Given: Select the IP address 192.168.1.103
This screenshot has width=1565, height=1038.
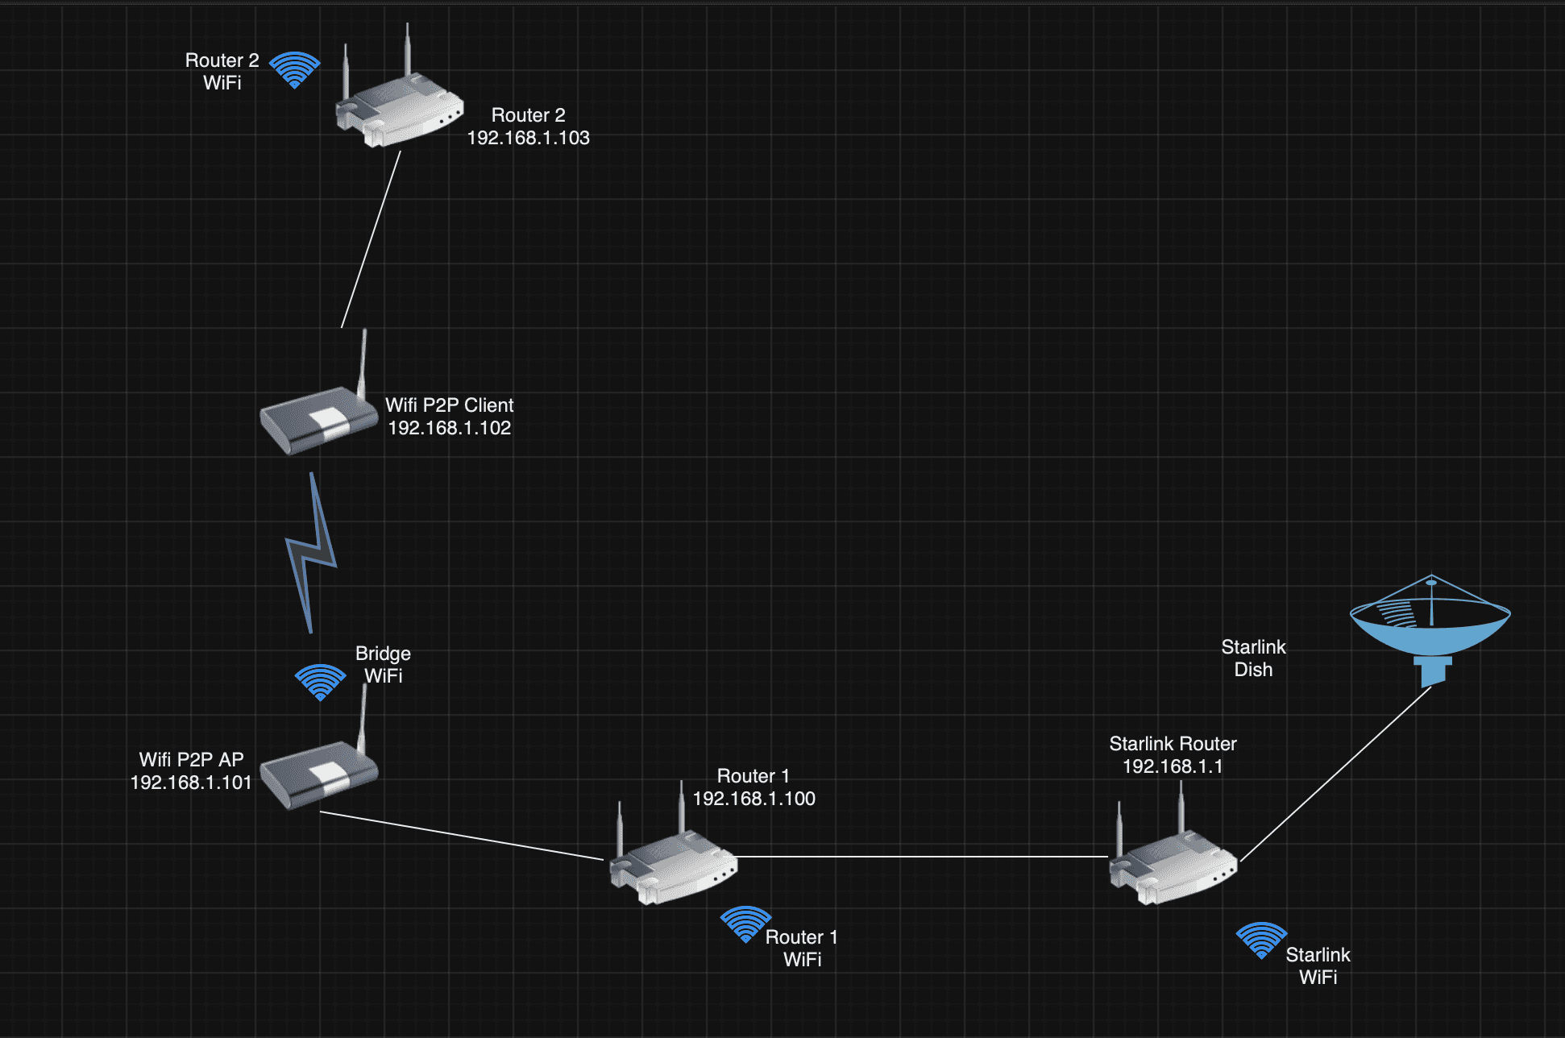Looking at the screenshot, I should point(529,138).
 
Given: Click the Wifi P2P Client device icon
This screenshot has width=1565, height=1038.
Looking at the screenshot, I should point(319,417).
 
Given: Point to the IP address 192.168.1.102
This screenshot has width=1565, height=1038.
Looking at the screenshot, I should point(450,428).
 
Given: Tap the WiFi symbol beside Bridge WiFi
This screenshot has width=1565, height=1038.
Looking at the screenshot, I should point(320,682).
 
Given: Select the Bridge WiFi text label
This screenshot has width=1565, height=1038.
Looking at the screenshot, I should point(384,665).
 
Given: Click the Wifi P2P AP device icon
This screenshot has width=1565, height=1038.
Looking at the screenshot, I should point(319,772).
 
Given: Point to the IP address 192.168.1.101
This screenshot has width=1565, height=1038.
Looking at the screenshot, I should point(191,783).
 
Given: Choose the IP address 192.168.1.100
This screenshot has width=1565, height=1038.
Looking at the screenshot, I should point(754,799).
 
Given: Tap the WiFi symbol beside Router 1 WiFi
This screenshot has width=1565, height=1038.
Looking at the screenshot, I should point(745,924).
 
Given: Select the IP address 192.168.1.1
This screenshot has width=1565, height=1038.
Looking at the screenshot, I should point(1173,766).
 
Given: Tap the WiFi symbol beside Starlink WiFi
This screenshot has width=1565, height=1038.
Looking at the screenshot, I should point(1261,940).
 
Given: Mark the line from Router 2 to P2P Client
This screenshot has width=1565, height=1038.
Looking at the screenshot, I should point(371,239).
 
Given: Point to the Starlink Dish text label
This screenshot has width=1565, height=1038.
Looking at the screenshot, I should point(1253,658).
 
